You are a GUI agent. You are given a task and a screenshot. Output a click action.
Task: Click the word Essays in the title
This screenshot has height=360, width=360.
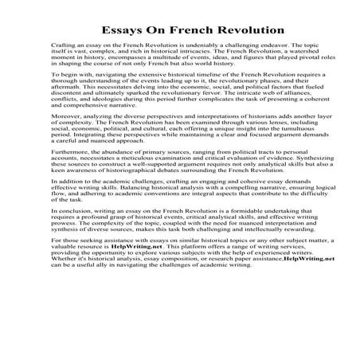click(127, 30)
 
